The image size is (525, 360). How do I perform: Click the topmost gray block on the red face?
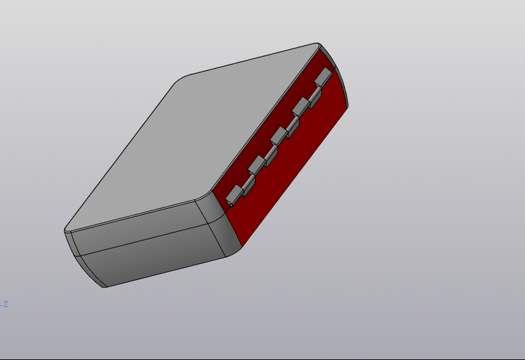pyautogui.click(x=323, y=76)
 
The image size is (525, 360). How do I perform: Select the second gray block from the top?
pyautogui.click(x=300, y=106)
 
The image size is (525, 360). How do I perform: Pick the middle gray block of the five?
pyautogui.click(x=279, y=135)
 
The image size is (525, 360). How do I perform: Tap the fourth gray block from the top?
pyautogui.click(x=256, y=164)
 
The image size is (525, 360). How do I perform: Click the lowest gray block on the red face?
pyautogui.click(x=234, y=192)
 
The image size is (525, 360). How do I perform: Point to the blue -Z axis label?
pyautogui.click(x=5, y=304)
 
